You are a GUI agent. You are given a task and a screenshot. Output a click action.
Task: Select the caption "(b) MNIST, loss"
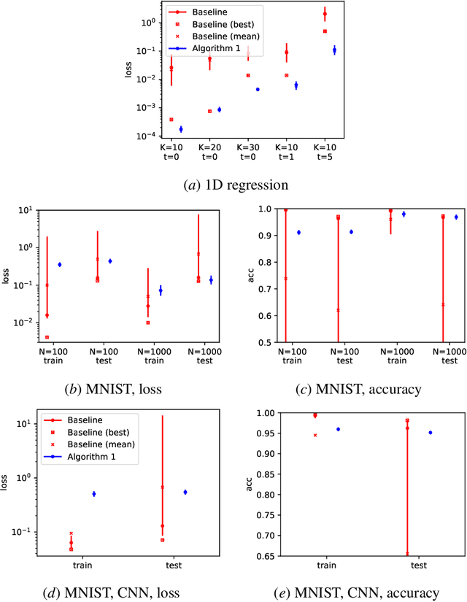pyautogui.click(x=122, y=389)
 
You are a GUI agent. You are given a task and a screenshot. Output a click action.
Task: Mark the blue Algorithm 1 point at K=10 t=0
pyautogui.click(x=181, y=129)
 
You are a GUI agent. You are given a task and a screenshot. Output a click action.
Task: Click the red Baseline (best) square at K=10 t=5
pyautogui.click(x=325, y=31)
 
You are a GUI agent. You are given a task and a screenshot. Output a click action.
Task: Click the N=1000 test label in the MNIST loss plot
pyautogui.click(x=205, y=356)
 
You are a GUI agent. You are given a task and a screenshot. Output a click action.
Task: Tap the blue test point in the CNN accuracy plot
pyautogui.click(x=430, y=433)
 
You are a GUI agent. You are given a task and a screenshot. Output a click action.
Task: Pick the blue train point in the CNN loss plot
pyautogui.click(x=93, y=494)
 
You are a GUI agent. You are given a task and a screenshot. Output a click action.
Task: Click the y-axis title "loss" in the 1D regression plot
pyautogui.click(x=130, y=73)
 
